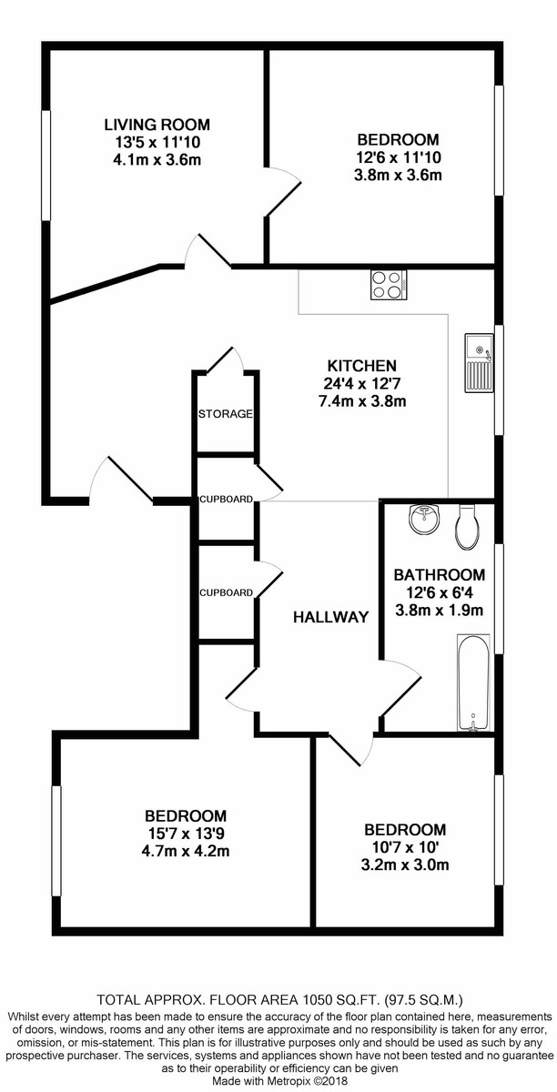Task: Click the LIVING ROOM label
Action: coord(157,125)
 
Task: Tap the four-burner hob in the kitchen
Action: coord(389,285)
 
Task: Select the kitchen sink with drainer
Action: coord(480,363)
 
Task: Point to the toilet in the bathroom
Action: coord(468,527)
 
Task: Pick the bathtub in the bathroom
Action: coord(473,682)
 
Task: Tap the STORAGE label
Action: coord(226,414)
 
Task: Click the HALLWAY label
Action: coord(330,617)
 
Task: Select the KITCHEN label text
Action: coord(362,366)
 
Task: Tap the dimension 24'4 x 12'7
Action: coord(362,384)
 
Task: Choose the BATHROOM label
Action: coord(440,575)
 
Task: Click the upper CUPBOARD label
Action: coord(227,500)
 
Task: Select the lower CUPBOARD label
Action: coord(227,592)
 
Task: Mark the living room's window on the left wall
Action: coord(46,165)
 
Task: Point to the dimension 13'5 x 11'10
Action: coord(157,142)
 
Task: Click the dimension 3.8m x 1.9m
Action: coord(440,610)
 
